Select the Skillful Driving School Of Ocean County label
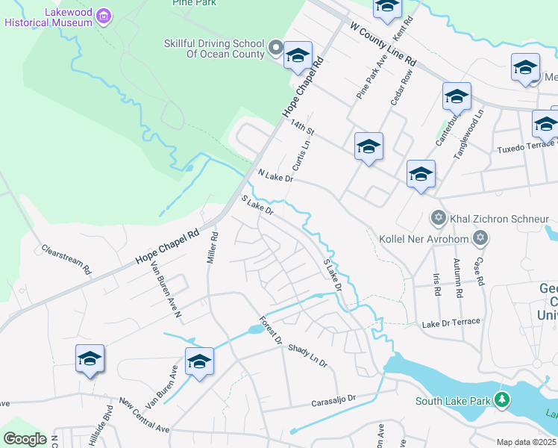pyautogui.click(x=214, y=49)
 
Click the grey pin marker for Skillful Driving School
pyautogui.click(x=275, y=50)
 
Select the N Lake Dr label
pyautogui.click(x=276, y=176)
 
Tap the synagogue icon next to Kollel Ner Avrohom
pyautogui.click(x=480, y=237)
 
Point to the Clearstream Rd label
pyautogui.click(x=66, y=258)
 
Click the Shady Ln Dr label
pyautogui.click(x=307, y=355)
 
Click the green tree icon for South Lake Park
pyautogui.click(x=504, y=400)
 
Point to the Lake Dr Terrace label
pyautogui.click(x=451, y=324)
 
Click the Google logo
pyautogui.click(x=25, y=439)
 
